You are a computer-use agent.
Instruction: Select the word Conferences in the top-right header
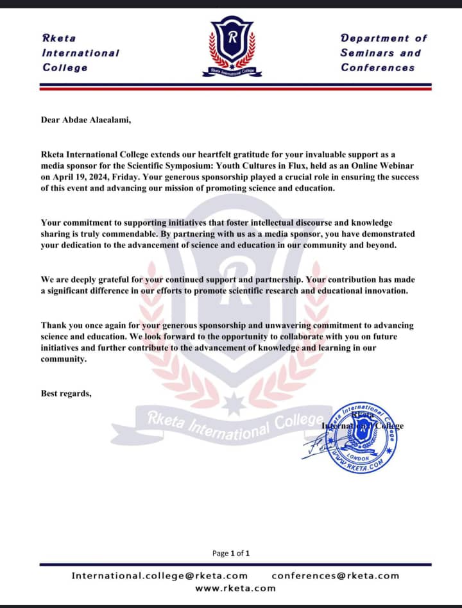point(378,67)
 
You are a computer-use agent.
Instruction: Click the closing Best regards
point(66,393)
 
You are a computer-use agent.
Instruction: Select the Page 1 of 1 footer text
point(230,553)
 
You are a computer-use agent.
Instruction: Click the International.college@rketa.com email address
point(159,575)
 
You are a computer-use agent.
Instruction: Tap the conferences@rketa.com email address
point(335,575)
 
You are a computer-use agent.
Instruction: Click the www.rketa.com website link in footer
point(235,587)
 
